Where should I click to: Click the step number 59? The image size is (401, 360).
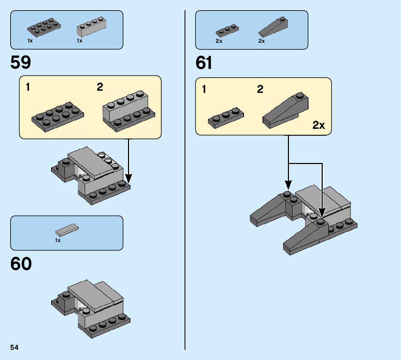21,62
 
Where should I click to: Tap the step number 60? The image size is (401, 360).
21,264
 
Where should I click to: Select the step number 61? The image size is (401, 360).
204,63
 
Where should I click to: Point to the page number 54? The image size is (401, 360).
15,347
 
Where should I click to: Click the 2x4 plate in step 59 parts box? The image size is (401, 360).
44,27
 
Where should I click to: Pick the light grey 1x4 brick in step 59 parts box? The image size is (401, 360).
92,26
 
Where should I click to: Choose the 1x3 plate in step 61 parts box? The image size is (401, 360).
227,31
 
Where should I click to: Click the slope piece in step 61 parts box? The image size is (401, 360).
273,27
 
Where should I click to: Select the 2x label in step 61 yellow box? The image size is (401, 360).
319,125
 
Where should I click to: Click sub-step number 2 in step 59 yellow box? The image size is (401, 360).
100,87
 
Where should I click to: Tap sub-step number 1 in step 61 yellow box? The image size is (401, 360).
204,89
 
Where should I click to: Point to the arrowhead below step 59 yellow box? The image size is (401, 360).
128,178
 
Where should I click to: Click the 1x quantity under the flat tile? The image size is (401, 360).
58,240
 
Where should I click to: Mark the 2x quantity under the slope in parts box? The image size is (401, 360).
261,41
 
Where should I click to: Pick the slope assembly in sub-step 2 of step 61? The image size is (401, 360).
285,111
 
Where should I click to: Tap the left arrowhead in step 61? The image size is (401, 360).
288,185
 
